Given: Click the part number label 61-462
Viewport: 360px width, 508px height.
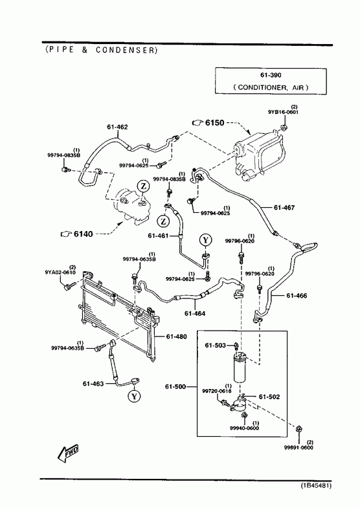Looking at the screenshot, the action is point(117,127).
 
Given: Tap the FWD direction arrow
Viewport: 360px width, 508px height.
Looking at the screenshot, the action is point(68,453).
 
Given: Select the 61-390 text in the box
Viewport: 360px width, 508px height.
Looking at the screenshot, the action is point(271,75).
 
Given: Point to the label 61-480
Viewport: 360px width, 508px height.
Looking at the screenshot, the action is point(176,337).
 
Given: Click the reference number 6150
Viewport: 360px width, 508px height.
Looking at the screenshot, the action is point(215,122).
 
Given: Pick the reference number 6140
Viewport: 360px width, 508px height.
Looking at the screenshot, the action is point(84,234).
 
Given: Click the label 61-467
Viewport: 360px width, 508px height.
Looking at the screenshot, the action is point(284,207).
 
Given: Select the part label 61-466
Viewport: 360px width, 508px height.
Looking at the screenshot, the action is point(297,296).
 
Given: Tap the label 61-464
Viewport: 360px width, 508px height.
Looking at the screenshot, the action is point(195,313).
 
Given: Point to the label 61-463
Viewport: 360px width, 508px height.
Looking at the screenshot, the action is point(93,384).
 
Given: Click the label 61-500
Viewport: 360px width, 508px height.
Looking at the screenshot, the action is point(175,386).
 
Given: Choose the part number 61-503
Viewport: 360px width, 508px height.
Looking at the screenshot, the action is point(215,346).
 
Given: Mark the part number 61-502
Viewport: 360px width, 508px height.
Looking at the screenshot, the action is point(269,397).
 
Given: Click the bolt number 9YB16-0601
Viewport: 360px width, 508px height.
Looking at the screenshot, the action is point(283,112).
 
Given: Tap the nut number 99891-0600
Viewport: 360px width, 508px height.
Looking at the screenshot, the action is point(298,448).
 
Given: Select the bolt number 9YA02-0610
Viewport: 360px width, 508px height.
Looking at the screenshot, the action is point(60,272).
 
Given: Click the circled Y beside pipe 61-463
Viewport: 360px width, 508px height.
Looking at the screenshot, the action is point(134,395).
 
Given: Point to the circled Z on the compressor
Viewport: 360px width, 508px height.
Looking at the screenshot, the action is point(144,186).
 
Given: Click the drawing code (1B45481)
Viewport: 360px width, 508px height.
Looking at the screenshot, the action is point(315,485).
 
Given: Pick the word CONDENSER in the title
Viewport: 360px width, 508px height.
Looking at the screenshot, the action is point(126,50).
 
